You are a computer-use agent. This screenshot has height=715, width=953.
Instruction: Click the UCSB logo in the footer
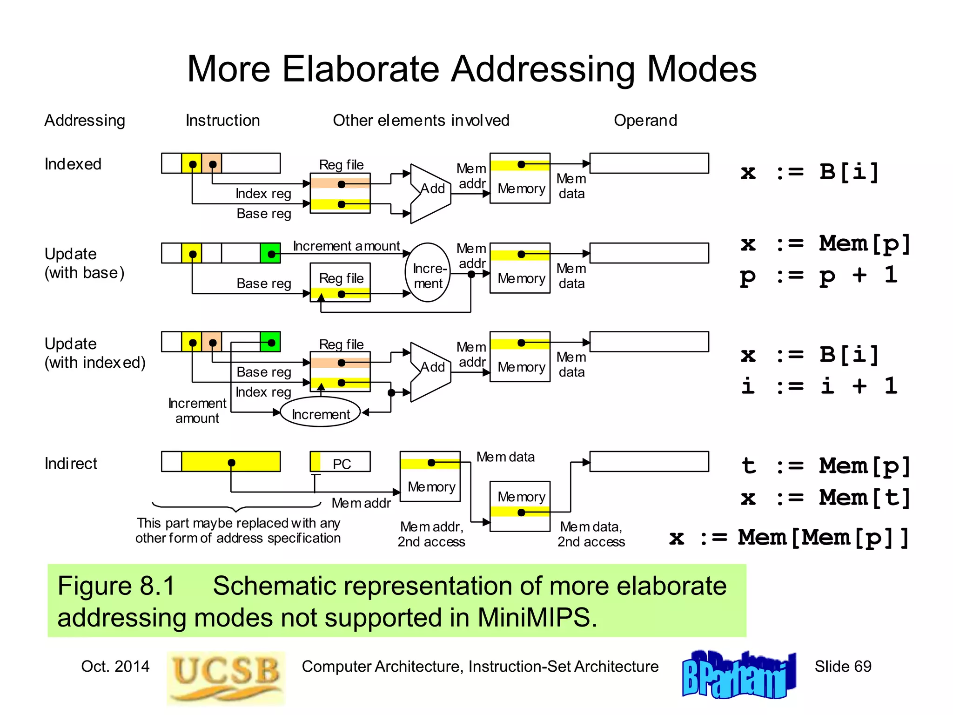pyautogui.click(x=226, y=678)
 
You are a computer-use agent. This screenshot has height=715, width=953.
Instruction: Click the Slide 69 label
pyautogui.click(x=843, y=666)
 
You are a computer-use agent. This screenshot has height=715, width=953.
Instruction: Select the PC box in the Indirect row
pyautogui.click(x=341, y=462)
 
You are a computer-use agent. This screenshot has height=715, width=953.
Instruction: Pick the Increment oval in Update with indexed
pyautogui.click(x=320, y=412)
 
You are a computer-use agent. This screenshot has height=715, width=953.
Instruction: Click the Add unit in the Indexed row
pyautogui.click(x=431, y=193)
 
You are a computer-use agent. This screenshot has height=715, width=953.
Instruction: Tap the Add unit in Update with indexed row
pyautogui.click(x=431, y=371)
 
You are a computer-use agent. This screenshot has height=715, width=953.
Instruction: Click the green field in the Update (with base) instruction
pyautogui.click(x=270, y=253)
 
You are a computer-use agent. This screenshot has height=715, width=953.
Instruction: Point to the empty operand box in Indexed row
pyautogui.click(x=649, y=163)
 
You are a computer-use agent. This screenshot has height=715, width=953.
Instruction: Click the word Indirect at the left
pyautogui.click(x=71, y=464)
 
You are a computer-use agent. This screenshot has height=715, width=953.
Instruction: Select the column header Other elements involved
pyautogui.click(x=421, y=121)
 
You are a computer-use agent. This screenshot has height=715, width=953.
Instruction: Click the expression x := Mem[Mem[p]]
pyautogui.click(x=788, y=538)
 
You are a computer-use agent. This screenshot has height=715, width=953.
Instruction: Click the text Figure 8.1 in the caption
pyautogui.click(x=116, y=586)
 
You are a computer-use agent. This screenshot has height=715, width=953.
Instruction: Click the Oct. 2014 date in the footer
pyautogui.click(x=115, y=666)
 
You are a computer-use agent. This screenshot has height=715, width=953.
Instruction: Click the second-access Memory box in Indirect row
pyautogui.click(x=520, y=506)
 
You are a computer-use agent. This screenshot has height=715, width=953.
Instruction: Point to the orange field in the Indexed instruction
pyautogui.click(x=212, y=163)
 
